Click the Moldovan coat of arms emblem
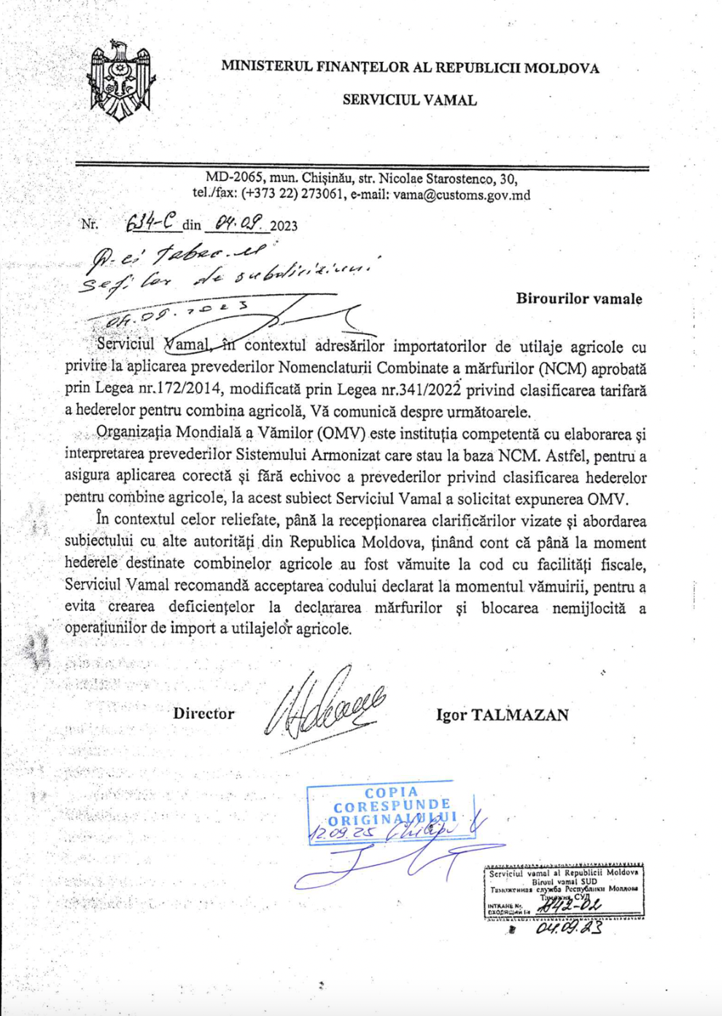pos(120,82)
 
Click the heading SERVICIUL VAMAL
pos(409,100)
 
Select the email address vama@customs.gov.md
pos(462,195)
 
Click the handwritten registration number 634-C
pos(152,223)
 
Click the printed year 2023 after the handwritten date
pos(284,226)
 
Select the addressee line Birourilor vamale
pos(579,299)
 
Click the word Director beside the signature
pos(203,714)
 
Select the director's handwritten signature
pos(325,707)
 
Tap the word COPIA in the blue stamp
pos(392,793)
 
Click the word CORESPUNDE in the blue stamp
pos(392,807)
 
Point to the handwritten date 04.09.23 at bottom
pos(569,928)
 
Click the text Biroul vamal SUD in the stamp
pos(564,881)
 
